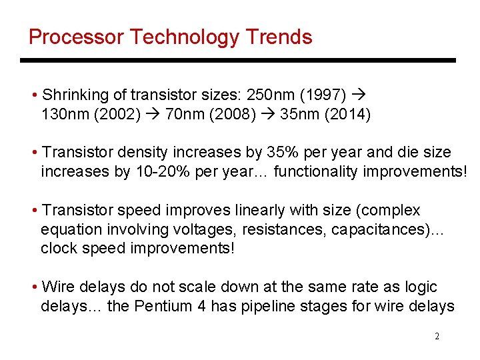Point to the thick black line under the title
pos(238,61)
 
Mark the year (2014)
pos(347,115)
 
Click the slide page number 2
pos(437,336)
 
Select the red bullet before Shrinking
pos(34,95)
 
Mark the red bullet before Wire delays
pos(34,287)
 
